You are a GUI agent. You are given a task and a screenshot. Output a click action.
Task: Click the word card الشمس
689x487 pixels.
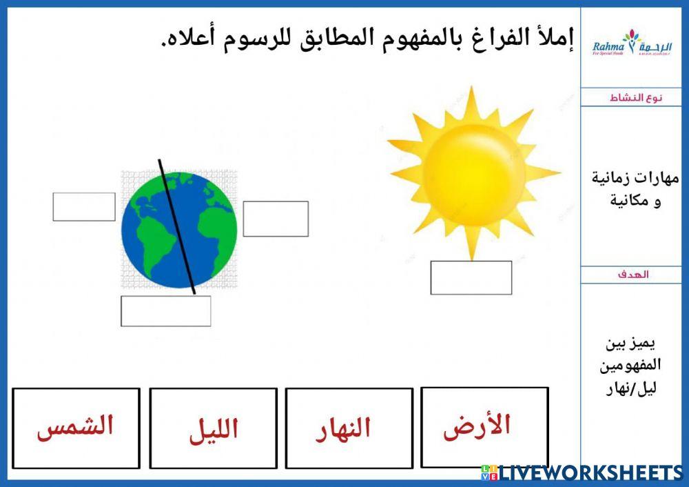(x=76, y=428)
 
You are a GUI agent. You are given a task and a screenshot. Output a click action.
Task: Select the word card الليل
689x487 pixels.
(x=213, y=428)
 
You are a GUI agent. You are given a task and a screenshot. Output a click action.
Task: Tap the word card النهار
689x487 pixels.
(x=349, y=428)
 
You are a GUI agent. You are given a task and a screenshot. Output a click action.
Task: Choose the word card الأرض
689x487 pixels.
(x=484, y=427)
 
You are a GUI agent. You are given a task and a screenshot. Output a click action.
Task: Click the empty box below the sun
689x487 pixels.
(x=471, y=277)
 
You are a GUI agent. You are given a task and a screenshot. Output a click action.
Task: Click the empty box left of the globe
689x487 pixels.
(x=84, y=207)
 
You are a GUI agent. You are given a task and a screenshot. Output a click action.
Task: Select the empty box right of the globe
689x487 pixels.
(x=276, y=219)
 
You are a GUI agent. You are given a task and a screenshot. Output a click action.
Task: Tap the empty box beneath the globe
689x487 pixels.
(x=165, y=310)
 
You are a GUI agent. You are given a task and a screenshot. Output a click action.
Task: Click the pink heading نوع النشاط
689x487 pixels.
(x=635, y=97)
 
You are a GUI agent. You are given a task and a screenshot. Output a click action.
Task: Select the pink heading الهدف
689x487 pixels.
(x=635, y=275)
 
